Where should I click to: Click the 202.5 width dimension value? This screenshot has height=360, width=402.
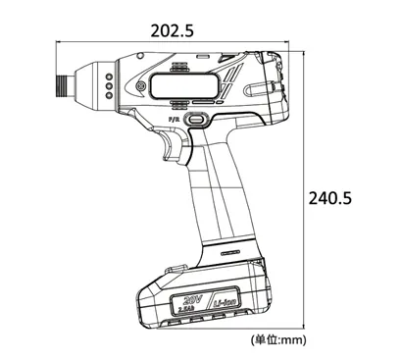click(172, 29)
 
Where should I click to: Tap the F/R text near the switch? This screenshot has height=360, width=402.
click(176, 119)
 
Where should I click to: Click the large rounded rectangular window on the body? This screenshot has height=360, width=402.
click(179, 86)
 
